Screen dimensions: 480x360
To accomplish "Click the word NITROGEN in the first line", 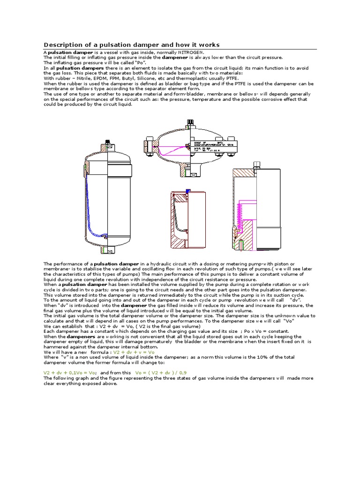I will [191, 52].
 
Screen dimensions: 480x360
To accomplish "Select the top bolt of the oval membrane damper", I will [190, 124].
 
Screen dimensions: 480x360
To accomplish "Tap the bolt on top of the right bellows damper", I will [257, 165].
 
